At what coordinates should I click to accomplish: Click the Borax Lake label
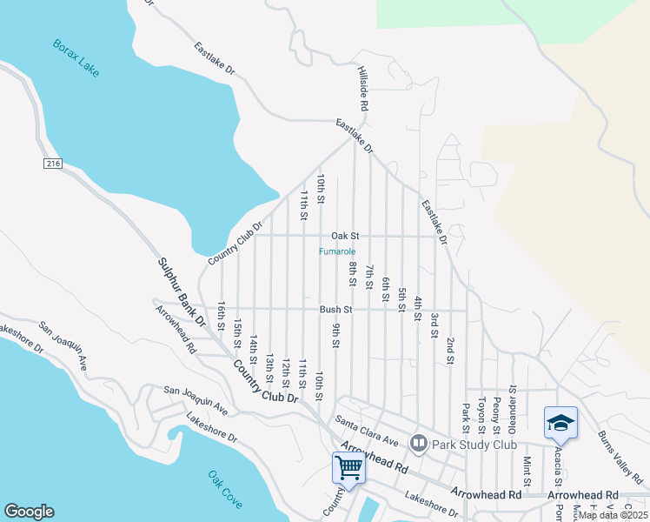[x=76, y=58]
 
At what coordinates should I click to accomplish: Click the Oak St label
[x=344, y=236]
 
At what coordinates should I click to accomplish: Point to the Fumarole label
[x=336, y=252]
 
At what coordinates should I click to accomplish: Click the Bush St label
[x=335, y=309]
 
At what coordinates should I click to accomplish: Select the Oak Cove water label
[x=225, y=490]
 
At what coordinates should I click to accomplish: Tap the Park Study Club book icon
[x=419, y=444]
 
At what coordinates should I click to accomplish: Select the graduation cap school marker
[x=560, y=423]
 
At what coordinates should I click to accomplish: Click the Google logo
[x=29, y=512]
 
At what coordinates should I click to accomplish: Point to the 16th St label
[x=222, y=314]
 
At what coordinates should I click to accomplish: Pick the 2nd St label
[x=450, y=351]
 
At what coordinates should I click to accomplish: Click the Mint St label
[x=527, y=470]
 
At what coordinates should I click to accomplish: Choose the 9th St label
[x=335, y=334]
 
